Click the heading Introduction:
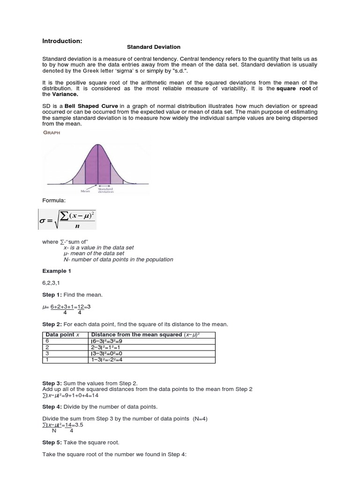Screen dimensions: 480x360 pos(62,41)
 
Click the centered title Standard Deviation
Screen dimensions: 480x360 pos(154,47)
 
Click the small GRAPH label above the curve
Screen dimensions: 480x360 pos(52,133)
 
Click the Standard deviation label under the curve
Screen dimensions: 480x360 pos(105,190)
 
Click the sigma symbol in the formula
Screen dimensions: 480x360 pos(45,220)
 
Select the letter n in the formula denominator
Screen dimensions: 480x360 pos(76,225)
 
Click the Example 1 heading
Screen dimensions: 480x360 pos(54,271)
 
